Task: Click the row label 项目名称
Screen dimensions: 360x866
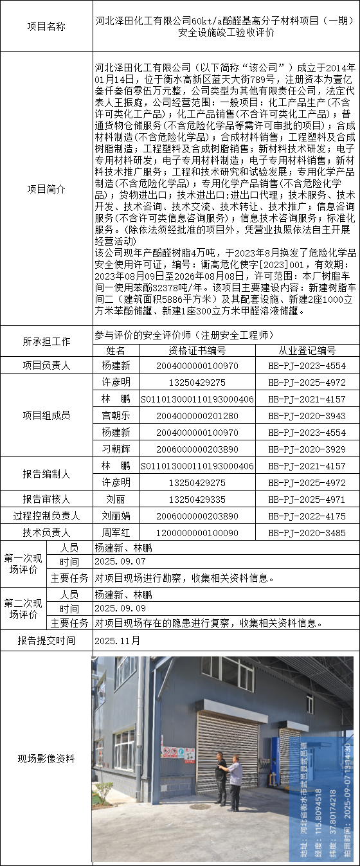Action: point(46,26)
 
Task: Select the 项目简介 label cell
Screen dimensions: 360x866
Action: point(46,189)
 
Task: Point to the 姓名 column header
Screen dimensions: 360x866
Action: point(116,350)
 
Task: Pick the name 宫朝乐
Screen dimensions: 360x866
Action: point(116,416)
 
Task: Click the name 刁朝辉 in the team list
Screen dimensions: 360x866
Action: point(116,449)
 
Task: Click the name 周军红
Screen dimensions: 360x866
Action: point(116,532)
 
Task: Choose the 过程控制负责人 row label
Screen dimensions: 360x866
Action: point(46,516)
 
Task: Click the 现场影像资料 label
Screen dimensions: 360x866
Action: point(46,759)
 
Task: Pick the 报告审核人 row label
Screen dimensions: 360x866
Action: point(46,499)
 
